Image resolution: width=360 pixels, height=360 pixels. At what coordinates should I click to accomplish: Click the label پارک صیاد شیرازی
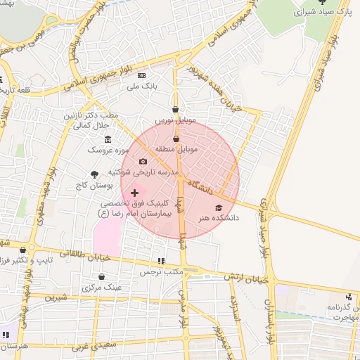pos(322,13)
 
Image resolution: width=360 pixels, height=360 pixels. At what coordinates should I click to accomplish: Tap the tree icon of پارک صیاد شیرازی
pos(322,2)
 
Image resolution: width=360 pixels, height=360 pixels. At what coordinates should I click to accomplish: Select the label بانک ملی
pos(140,86)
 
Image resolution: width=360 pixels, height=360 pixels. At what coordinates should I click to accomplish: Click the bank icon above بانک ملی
pos(141,76)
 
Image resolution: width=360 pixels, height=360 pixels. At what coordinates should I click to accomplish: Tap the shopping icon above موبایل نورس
pos(176,110)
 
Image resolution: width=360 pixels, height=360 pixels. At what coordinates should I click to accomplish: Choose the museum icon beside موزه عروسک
pos(108,139)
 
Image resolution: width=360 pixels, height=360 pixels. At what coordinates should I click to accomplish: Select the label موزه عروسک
pos(105,150)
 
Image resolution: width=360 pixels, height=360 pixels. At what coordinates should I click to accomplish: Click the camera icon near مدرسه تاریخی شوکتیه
pos(143,162)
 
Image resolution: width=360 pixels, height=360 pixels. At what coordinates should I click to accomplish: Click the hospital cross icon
pos(135,193)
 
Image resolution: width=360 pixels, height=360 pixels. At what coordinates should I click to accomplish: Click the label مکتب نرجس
pos(161,271)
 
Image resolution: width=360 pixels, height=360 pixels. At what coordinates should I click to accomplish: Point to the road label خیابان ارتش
pos(247,277)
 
